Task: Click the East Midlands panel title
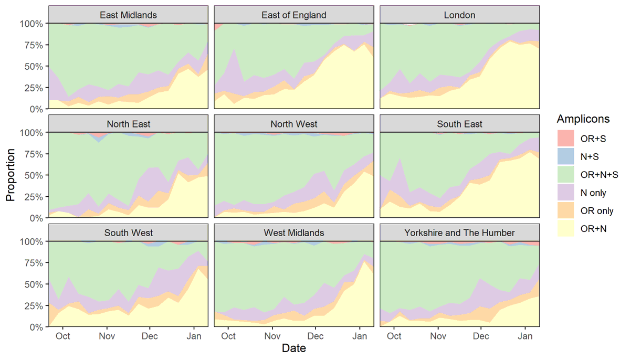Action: [x=128, y=15]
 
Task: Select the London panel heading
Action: [x=459, y=15]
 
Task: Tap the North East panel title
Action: [x=128, y=124]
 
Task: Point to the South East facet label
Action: [x=459, y=124]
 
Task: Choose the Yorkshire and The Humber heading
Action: [x=459, y=233]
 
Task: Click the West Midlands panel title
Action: [x=294, y=233]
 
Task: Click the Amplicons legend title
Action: [x=583, y=119]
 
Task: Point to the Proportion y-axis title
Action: [x=10, y=175]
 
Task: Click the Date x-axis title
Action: [x=294, y=348]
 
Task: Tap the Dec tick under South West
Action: [x=150, y=336]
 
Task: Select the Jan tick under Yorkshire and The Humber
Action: [x=525, y=336]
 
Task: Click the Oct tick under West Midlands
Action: [x=228, y=336]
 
